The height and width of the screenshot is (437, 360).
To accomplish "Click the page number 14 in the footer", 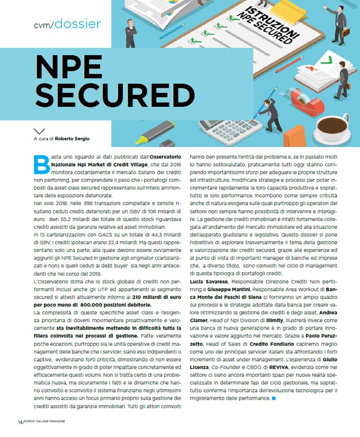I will [20, 422].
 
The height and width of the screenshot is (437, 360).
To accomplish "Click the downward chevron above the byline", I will [39, 131].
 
